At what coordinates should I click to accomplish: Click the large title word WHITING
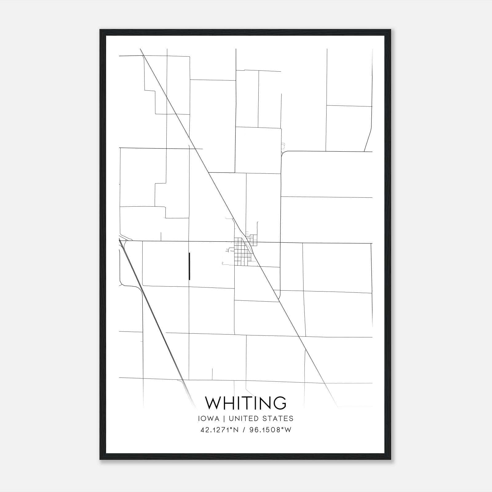click(246, 403)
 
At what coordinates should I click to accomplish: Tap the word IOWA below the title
click(209, 419)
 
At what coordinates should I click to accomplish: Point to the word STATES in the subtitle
click(278, 419)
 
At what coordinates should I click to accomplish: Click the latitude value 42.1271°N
click(219, 430)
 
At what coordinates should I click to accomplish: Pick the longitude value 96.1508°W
click(271, 430)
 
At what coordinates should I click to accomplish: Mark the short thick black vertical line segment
click(189, 266)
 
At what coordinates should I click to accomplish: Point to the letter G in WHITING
click(279, 403)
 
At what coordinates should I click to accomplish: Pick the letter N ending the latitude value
click(236, 430)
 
